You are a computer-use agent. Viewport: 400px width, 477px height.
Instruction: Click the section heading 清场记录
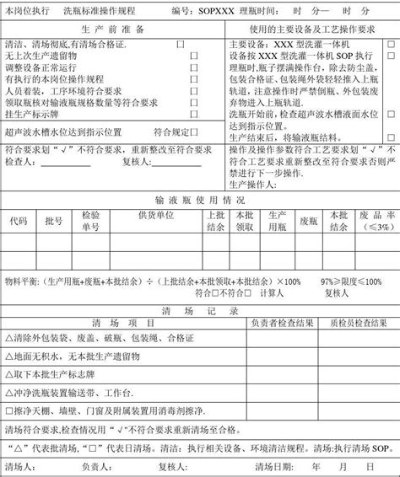point(200,310)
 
